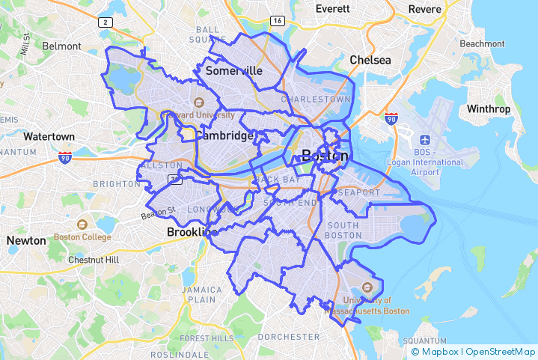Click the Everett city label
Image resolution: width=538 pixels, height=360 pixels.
click(332, 9)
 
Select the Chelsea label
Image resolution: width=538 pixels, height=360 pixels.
click(370, 60)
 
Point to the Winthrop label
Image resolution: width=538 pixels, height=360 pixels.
click(489, 109)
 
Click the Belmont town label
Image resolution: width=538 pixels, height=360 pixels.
click(61, 46)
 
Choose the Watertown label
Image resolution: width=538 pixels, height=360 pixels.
click(49, 137)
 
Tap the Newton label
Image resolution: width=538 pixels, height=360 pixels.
click(25, 241)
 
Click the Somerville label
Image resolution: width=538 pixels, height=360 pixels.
click(233, 70)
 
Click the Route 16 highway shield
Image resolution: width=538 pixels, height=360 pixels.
click(278, 20)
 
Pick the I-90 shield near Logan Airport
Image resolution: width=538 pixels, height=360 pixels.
click(391, 118)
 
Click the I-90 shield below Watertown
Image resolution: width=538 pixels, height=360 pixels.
click(65, 157)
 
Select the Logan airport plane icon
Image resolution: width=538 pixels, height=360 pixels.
click(424, 140)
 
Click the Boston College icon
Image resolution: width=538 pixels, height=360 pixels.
click(82, 224)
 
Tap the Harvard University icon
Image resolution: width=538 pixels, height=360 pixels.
click(198, 103)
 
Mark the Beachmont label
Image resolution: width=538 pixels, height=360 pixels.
click(482, 43)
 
